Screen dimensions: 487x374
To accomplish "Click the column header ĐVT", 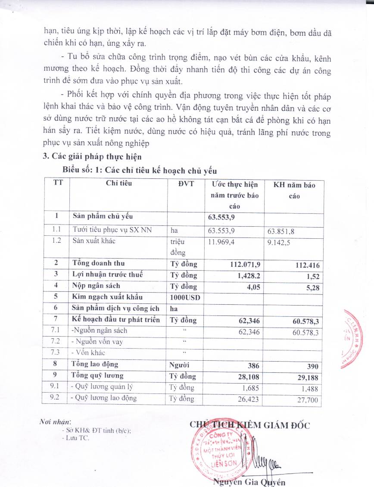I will point(186,184).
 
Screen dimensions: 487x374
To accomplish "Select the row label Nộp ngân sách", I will point(96,286).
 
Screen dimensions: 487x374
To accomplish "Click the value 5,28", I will point(312,288).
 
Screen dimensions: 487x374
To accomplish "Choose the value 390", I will point(313,367).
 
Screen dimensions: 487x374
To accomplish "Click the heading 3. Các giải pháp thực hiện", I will point(92,156).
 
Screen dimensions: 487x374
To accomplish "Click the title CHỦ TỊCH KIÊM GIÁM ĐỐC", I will point(249,425).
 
